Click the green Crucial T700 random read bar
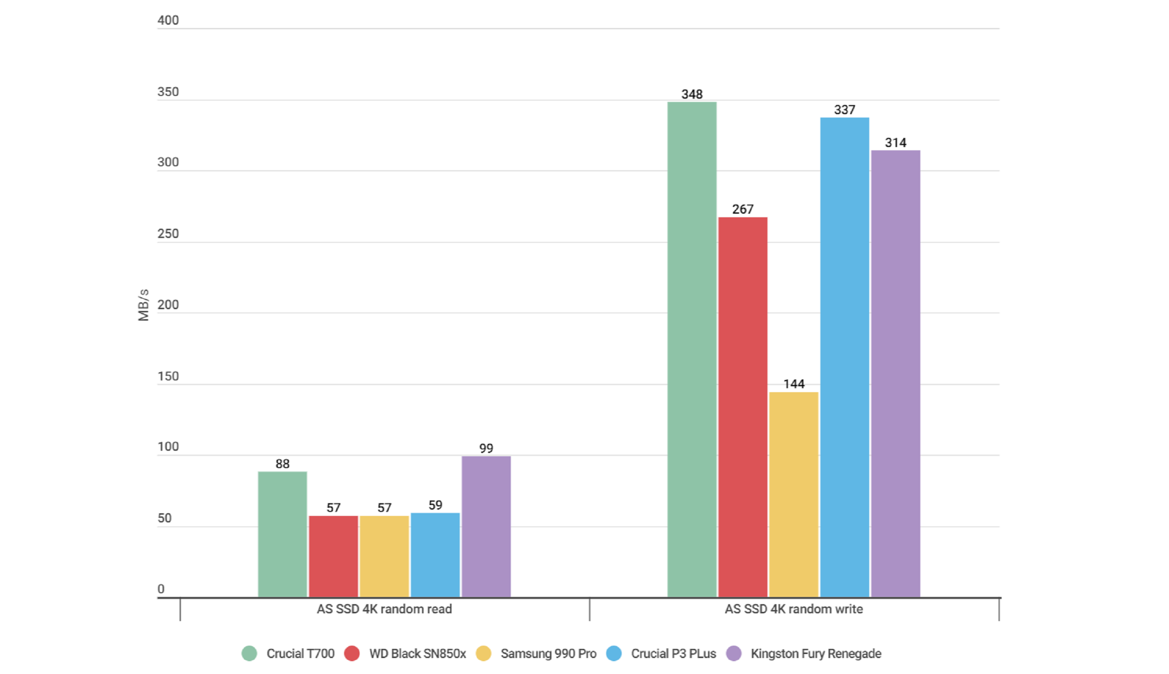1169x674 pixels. click(x=282, y=534)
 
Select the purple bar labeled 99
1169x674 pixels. click(x=486, y=527)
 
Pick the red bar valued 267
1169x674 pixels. click(x=743, y=407)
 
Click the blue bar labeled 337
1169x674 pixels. click(x=845, y=357)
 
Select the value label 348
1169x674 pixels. click(x=692, y=95)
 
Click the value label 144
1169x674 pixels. click(x=794, y=384)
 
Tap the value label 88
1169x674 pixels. click(x=282, y=464)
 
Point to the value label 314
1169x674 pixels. click(x=895, y=142)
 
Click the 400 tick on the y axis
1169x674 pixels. click(x=168, y=21)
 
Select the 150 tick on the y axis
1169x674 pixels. click(x=168, y=376)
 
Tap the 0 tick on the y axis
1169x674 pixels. click(x=161, y=589)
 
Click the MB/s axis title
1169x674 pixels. click(x=143, y=305)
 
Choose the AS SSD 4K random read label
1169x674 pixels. click(x=384, y=609)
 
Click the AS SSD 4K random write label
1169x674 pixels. click(x=794, y=609)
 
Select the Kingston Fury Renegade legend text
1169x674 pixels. click(x=816, y=653)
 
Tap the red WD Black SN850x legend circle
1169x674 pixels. click(x=352, y=653)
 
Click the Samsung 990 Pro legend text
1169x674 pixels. click(x=548, y=653)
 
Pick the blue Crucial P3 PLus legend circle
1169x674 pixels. click(x=614, y=653)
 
